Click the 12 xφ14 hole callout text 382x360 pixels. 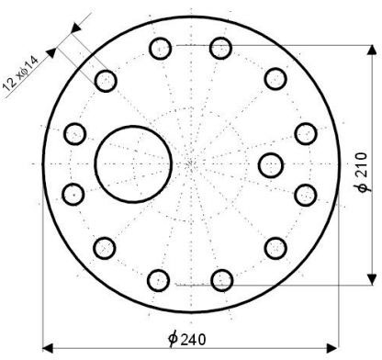tap(20, 73)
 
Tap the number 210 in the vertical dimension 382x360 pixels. tap(362, 164)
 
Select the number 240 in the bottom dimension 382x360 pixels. tap(193, 340)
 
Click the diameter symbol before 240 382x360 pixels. tap(174, 339)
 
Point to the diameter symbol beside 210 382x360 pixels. tap(363, 186)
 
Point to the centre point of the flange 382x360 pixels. tap(191, 164)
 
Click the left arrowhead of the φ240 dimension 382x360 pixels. tap(48, 348)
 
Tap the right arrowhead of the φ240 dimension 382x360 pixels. tap(332, 348)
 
